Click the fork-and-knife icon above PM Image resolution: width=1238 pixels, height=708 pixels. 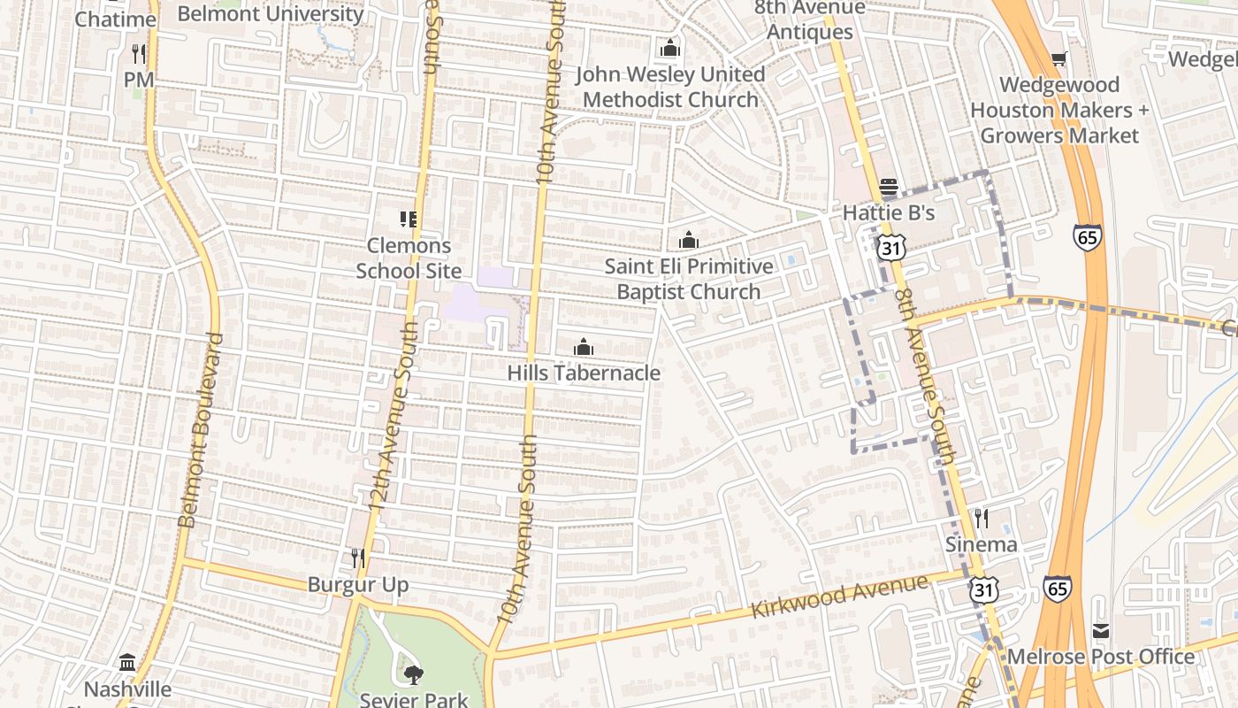click(138, 53)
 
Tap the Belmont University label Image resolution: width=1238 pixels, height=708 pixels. click(271, 14)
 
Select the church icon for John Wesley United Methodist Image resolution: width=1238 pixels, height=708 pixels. click(670, 48)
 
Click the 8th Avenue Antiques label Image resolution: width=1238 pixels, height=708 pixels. click(809, 19)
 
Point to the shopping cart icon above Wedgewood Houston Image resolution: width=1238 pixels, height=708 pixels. click(1058, 59)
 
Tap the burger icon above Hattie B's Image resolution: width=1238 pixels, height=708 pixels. click(889, 188)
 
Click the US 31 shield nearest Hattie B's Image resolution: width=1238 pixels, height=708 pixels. click(890, 249)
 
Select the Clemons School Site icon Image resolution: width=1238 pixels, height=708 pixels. click(408, 219)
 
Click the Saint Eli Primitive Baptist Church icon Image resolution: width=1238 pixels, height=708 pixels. click(688, 240)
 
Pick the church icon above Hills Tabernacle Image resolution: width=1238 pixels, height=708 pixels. click(583, 347)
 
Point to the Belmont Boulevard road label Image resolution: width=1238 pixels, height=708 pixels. click(201, 430)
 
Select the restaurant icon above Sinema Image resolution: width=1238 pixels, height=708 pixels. click(981, 518)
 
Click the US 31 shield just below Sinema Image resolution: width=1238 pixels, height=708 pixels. click(982, 589)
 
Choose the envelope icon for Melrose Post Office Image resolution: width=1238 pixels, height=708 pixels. click(1100, 631)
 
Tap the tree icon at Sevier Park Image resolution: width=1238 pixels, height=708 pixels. click(412, 675)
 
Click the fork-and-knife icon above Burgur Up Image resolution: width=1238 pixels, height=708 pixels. click(358, 558)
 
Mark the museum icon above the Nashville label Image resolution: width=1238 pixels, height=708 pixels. click(127, 663)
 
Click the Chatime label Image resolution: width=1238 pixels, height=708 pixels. click(115, 19)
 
